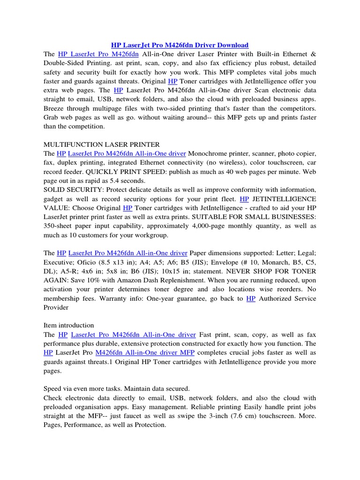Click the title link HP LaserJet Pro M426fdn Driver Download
pos(180,45)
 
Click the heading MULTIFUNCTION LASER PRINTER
pos(102,144)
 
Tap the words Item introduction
pos(68,325)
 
